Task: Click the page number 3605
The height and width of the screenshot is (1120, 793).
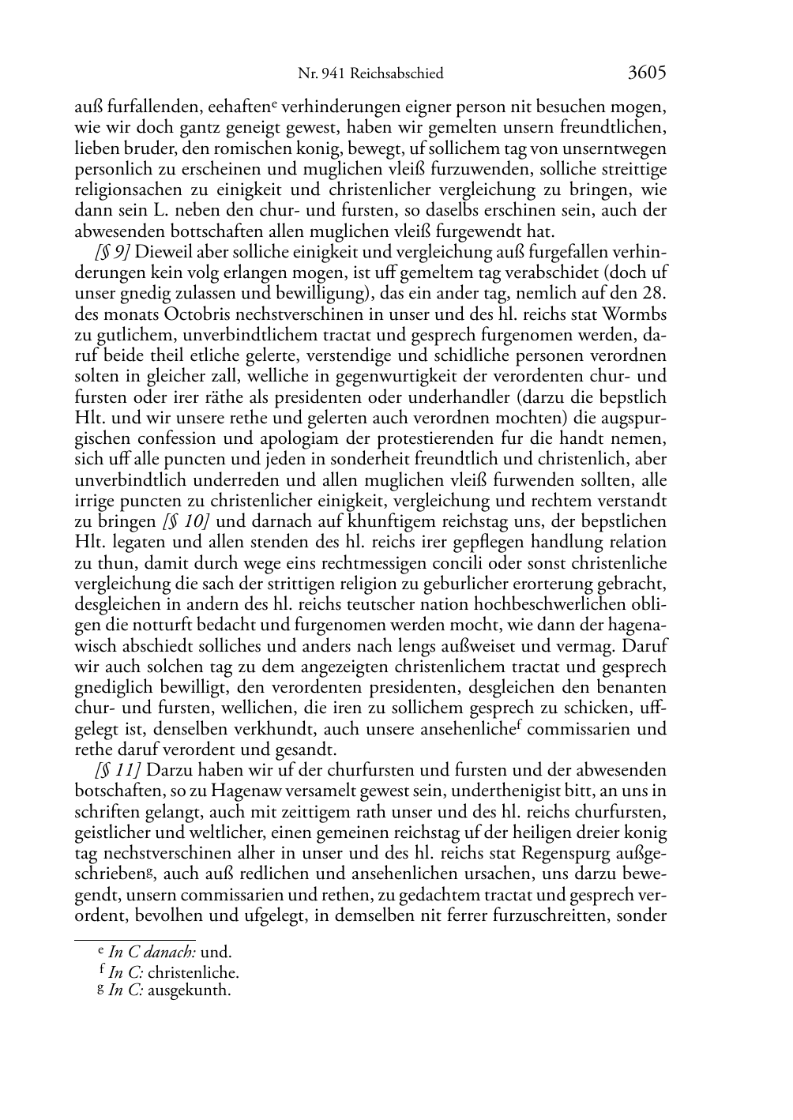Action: [x=647, y=73]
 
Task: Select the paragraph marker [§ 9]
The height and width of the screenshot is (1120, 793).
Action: [x=113, y=252]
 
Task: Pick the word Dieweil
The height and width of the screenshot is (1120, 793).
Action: [x=163, y=252]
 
